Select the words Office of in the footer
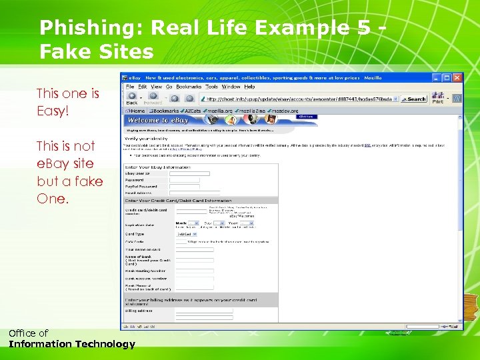[28, 333]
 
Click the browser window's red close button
[458, 77]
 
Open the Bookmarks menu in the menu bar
[188, 87]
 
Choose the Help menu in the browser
[249, 87]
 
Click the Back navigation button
[131, 99]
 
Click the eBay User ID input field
[189, 173]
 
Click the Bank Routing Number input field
[195, 271]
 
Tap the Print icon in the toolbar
[438, 98]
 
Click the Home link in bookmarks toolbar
[136, 111]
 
